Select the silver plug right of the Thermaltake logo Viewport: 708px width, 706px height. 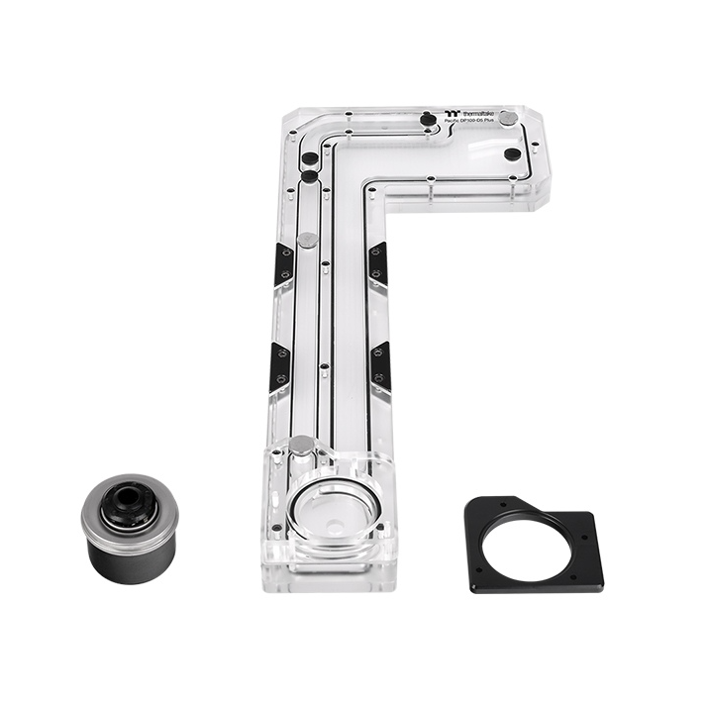[x=508, y=118]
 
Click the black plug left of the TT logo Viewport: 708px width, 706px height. [x=427, y=119]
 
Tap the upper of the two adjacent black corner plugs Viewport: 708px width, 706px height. [x=310, y=158]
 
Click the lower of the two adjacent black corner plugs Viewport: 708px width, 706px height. [x=310, y=176]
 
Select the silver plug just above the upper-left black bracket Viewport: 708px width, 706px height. [x=308, y=240]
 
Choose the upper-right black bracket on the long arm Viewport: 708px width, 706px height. [x=378, y=265]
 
